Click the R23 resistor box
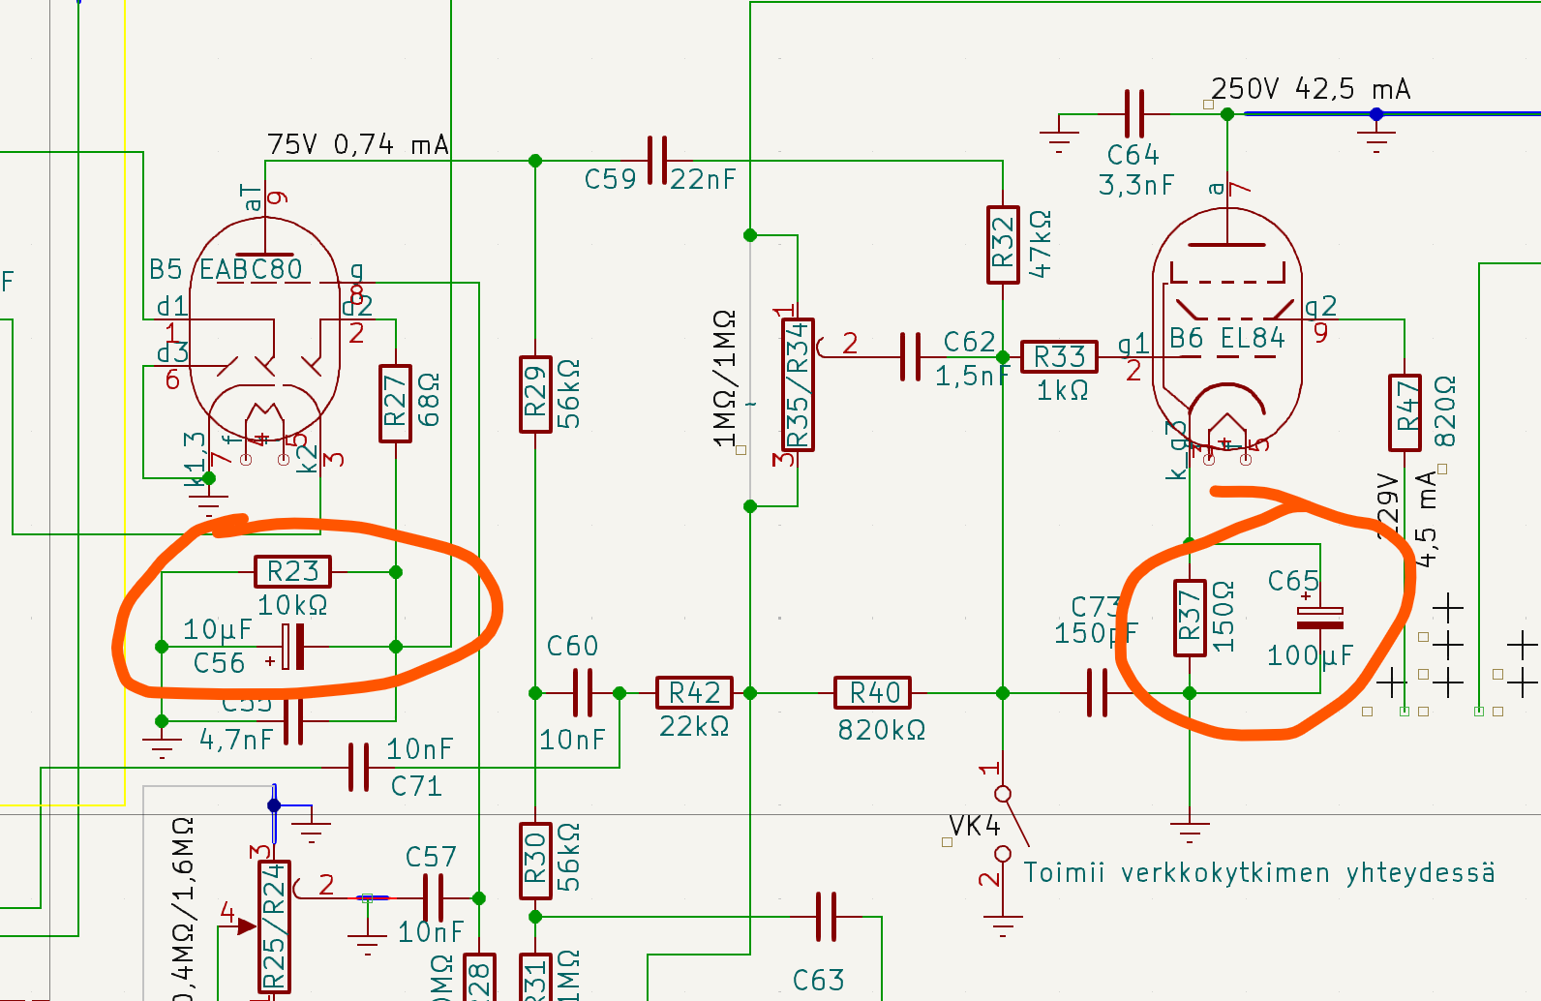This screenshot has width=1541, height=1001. tap(292, 571)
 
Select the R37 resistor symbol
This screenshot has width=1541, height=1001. tap(1190, 618)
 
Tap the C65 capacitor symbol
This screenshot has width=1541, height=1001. tap(1319, 617)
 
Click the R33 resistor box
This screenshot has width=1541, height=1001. tap(1059, 356)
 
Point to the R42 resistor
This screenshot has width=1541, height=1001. tap(694, 692)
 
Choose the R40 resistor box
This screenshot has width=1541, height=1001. tap(874, 692)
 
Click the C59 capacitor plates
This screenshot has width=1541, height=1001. tap(657, 161)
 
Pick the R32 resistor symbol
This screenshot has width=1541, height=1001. tap(1003, 244)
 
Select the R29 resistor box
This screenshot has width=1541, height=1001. tap(535, 394)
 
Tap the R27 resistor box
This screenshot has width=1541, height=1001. tap(395, 404)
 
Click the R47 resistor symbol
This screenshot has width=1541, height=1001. tap(1405, 412)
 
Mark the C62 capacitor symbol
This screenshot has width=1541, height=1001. tap(910, 356)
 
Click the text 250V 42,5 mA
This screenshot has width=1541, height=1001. tap(1311, 89)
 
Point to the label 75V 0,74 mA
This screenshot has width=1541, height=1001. tap(357, 144)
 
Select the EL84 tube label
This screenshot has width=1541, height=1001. tap(1253, 338)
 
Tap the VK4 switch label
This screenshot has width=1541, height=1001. tap(974, 825)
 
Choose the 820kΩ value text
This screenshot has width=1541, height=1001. tap(881, 729)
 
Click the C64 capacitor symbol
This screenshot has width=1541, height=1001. tap(1134, 113)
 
